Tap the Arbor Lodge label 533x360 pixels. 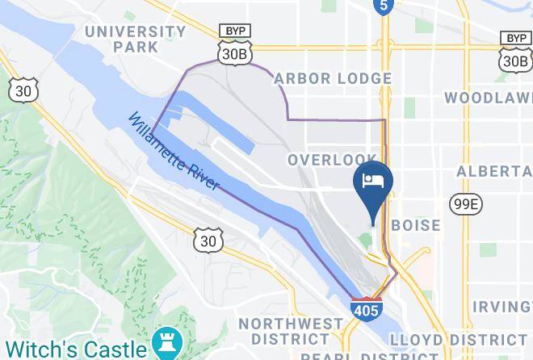tap(333, 78)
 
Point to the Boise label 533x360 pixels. tap(416, 225)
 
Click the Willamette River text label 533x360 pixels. tap(173, 151)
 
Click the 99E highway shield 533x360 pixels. tap(465, 205)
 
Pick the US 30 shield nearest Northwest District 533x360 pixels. tap(207, 240)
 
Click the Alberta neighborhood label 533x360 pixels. tap(494, 172)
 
